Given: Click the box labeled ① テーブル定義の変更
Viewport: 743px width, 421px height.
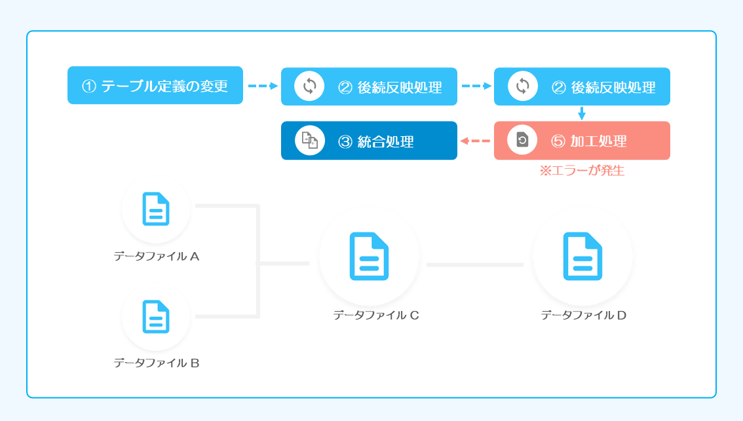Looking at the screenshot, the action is [155, 85].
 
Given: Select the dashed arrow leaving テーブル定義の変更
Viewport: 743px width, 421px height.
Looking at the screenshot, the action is [263, 86].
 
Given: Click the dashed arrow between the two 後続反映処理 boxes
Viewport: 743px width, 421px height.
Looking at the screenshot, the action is [476, 86].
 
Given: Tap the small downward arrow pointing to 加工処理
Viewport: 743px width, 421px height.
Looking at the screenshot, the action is [582, 113].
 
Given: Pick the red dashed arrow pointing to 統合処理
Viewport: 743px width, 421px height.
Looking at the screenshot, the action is [475, 141].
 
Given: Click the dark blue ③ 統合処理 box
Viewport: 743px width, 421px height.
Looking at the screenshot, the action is [369, 141].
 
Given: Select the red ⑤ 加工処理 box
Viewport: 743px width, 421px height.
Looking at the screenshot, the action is [582, 141].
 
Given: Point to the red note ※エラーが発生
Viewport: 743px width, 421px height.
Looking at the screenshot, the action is [582, 170].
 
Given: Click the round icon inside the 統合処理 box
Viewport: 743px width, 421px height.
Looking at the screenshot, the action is [310, 141].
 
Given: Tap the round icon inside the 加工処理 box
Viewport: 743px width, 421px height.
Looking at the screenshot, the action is [522, 139].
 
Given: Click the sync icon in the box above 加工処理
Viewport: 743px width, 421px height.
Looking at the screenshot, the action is [523, 86].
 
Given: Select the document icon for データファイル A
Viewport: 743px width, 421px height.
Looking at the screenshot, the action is [156, 209].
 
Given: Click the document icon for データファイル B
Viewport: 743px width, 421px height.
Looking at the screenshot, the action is [156, 316].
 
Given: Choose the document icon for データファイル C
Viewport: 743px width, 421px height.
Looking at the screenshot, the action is [369, 256].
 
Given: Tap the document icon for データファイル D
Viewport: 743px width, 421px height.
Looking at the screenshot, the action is [583, 256].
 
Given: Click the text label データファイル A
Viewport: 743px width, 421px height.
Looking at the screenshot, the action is [157, 256].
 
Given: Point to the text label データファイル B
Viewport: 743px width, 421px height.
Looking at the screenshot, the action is [157, 363].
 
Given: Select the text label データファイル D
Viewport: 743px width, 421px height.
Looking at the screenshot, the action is [584, 315].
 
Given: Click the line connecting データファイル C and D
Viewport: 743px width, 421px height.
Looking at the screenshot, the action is [475, 265].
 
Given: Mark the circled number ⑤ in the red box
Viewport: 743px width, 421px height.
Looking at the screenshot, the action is [558, 141].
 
